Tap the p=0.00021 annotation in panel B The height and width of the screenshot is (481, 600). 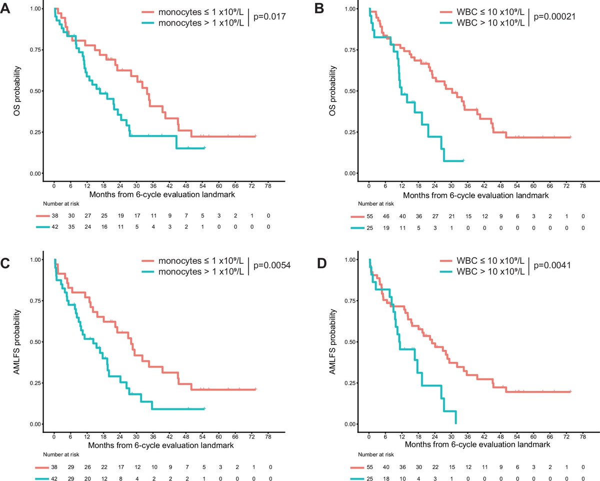555,17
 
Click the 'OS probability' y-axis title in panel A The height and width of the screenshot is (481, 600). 17,90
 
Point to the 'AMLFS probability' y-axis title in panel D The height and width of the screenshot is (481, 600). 332,341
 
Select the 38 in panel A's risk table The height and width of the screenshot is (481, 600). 54,216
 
